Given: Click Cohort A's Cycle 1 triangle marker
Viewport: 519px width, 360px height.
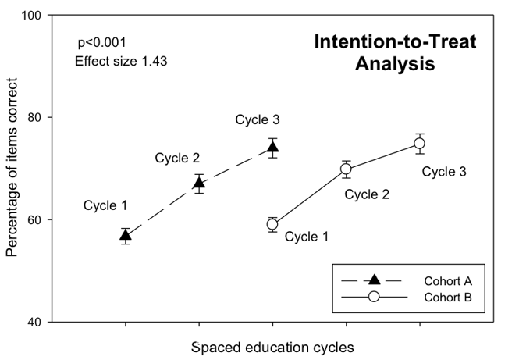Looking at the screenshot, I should click(125, 235).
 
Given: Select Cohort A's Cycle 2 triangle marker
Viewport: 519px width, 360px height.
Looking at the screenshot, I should click(199, 184).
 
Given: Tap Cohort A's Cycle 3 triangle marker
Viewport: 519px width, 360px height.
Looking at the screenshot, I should click(272, 148).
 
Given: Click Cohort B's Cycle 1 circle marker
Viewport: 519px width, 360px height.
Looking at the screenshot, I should click(272, 224).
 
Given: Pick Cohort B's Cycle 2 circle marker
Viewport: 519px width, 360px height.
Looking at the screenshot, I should click(346, 169).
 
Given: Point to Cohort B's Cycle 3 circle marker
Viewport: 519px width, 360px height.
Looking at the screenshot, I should click(419, 143).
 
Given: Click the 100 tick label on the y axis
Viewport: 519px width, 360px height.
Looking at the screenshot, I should click(34, 16).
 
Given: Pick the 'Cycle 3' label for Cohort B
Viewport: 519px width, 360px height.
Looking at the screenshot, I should click(444, 171).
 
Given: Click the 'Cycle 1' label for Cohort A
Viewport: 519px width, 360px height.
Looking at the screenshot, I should click(106, 206).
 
